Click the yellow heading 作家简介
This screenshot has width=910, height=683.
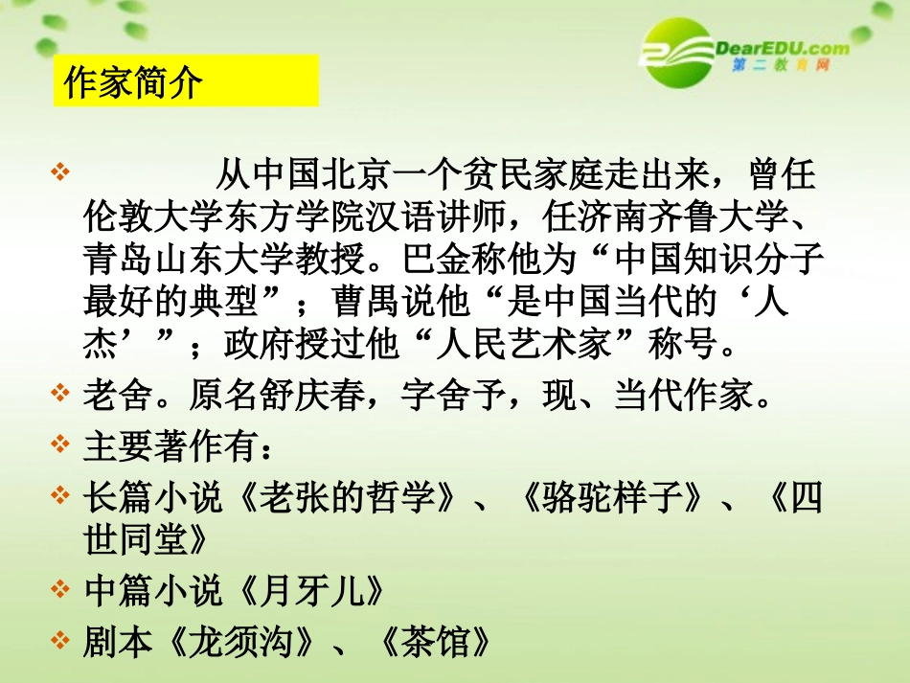click(x=133, y=82)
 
